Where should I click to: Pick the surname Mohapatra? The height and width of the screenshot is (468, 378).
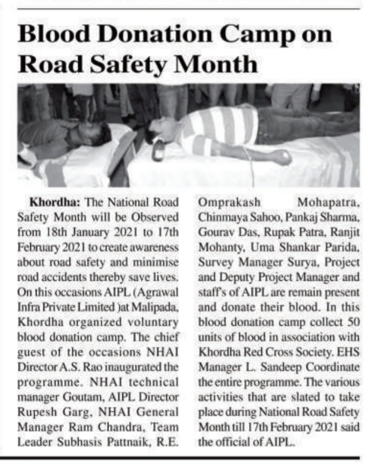(x=328, y=202)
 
